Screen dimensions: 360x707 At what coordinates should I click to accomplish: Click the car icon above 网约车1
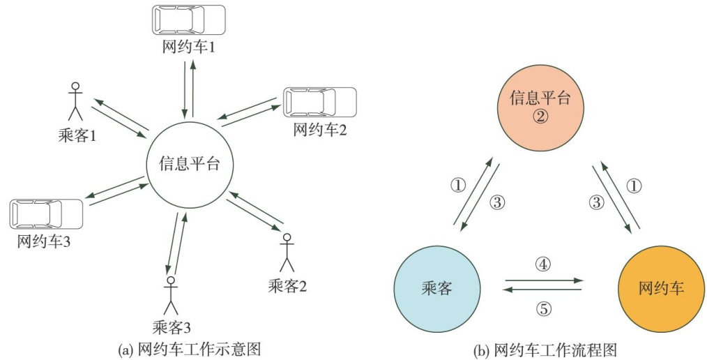189,20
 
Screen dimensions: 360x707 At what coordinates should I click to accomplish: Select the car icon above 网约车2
320,102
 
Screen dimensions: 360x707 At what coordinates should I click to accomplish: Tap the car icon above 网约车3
46,213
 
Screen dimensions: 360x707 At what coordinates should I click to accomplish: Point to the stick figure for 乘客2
285,253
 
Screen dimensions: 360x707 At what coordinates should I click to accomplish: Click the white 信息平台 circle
190,164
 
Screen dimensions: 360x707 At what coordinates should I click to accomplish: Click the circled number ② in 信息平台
540,116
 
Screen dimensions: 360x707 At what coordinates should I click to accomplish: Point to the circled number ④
543,264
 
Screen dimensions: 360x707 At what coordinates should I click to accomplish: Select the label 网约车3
43,242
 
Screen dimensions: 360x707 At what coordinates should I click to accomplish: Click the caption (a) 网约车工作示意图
190,347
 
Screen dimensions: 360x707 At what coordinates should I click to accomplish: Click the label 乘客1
77,135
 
